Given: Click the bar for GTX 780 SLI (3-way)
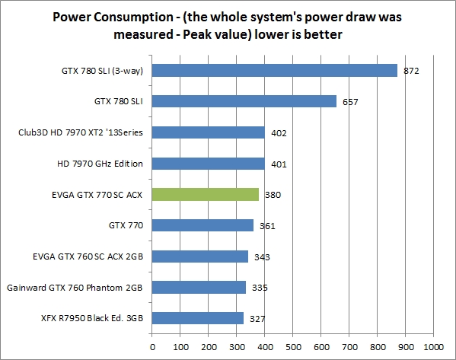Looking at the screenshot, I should [274, 70].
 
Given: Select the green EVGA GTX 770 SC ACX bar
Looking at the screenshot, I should [206, 194].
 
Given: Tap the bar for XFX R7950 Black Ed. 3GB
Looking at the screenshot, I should [198, 318].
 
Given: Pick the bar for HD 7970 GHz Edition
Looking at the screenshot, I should [209, 163].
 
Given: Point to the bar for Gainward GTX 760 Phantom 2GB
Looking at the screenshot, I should [199, 287].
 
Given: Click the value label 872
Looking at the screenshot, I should [412, 71].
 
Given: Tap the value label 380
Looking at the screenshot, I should [273, 195].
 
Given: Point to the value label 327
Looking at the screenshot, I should [258, 319].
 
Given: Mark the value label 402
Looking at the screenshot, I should [279, 133].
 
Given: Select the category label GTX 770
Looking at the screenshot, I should [128, 225].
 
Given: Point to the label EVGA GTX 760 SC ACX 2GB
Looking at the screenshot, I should [88, 256].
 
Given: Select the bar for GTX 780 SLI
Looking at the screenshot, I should [244, 101].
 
